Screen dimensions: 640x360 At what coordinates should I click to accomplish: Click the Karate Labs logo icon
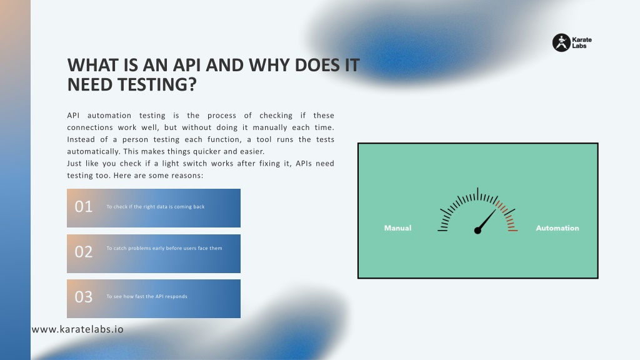pos(561,42)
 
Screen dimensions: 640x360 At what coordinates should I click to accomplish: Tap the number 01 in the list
pos(84,206)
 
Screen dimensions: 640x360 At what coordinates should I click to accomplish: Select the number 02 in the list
pos(84,252)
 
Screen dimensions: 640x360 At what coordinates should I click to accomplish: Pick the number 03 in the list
pos(84,297)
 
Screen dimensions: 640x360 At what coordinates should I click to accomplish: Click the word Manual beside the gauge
pos(397,228)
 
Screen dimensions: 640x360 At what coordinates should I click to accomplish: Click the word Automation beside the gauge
pos(557,228)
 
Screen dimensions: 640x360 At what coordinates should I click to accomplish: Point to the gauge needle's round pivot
pos(477,231)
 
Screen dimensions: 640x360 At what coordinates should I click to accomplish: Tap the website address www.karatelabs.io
pos(77,329)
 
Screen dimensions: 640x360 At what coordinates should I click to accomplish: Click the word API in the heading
pos(187,65)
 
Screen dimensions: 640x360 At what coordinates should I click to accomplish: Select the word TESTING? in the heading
pos(157,84)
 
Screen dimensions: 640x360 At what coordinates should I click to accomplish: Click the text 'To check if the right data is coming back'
pos(156,206)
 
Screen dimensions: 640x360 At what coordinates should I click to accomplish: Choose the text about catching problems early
pos(164,248)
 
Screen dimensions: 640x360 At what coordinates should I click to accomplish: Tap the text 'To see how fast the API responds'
pos(147,296)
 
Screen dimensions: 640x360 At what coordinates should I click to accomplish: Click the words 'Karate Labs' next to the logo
pos(582,43)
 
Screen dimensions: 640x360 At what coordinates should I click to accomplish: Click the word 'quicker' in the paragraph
pos(207,151)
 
